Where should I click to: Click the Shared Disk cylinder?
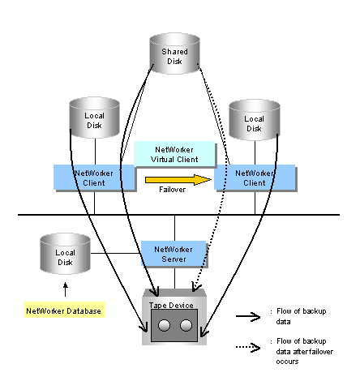coord(174,54)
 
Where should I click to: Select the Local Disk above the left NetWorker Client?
coord(94,118)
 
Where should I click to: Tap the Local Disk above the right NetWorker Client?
coord(255,120)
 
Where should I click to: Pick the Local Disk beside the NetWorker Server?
coord(65,254)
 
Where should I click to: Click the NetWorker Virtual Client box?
coord(174,154)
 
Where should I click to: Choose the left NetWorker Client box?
coord(94,178)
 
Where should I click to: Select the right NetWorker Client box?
coord(255,178)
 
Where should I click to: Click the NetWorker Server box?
coord(174,254)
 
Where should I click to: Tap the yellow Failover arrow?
coord(178,180)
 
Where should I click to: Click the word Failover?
coord(172,190)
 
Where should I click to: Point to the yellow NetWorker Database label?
coord(64,310)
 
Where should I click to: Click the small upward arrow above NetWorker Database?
coord(65,289)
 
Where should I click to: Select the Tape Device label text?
coord(171,306)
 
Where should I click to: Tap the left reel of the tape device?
coord(164,325)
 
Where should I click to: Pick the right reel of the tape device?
coord(186,325)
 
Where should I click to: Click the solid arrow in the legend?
coord(248,316)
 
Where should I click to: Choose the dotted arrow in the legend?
coord(248,347)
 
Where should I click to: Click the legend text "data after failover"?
coord(305,352)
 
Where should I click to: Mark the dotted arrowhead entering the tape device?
coord(196,287)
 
